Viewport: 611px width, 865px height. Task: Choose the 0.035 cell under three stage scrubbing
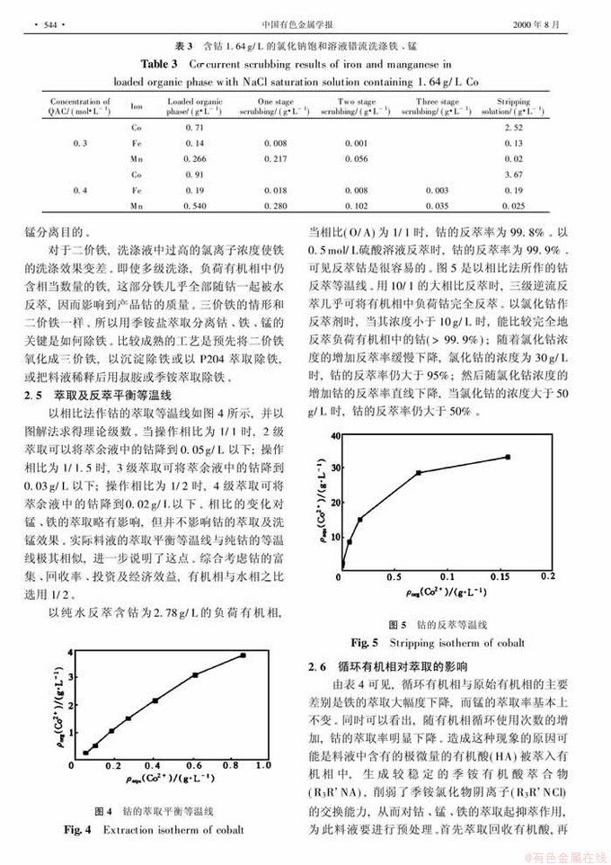pyautogui.click(x=436, y=206)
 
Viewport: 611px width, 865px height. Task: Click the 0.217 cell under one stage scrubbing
pyautogui.click(x=277, y=159)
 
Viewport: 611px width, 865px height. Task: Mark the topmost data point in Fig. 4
pyautogui.click(x=243, y=655)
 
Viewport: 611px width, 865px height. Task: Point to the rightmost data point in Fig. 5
pyautogui.click(x=508, y=457)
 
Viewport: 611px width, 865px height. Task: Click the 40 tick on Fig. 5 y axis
pyautogui.click(x=335, y=435)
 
